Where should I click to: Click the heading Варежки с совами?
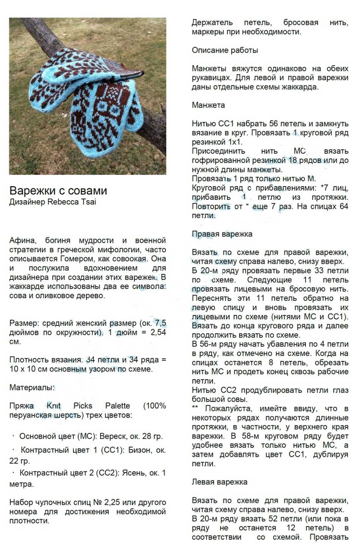[x=58, y=190]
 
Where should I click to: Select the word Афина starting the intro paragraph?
[x=23, y=240]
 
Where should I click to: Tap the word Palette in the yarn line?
[x=117, y=406]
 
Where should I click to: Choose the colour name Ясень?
[x=134, y=473]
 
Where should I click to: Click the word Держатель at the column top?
[x=212, y=23]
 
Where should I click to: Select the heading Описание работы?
[x=225, y=50]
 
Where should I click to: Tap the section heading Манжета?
[x=208, y=105]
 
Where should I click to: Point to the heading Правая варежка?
[x=222, y=234]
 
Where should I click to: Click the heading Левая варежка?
[x=219, y=482]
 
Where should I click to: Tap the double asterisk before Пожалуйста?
[x=195, y=408]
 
